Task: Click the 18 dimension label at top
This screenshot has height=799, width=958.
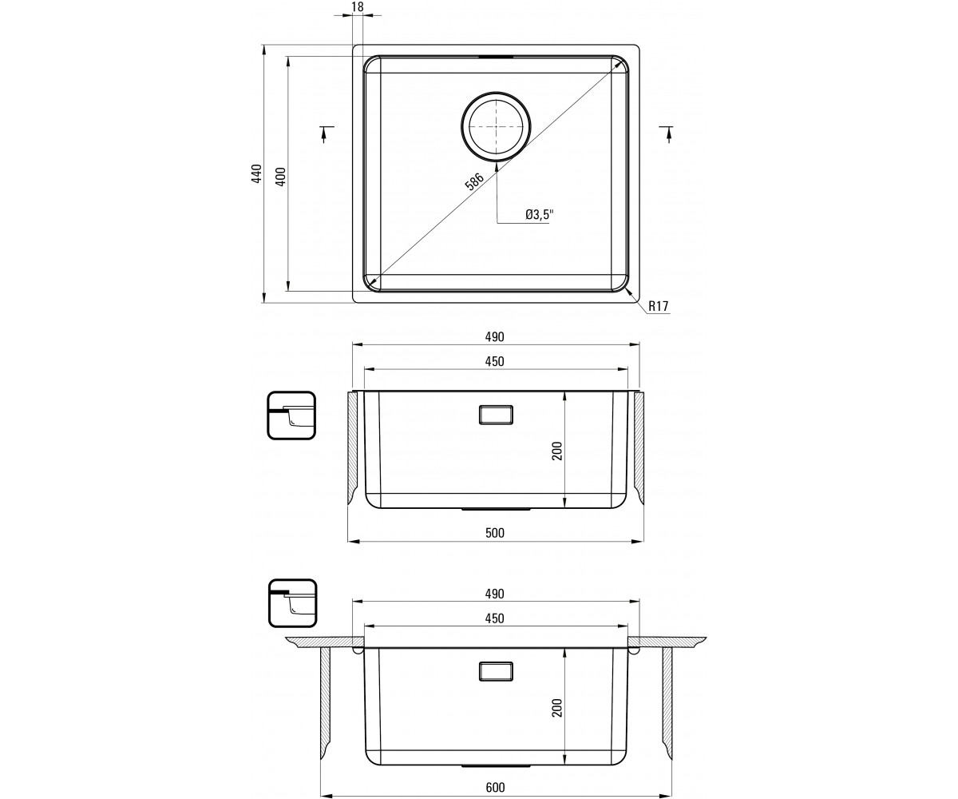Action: (358, 6)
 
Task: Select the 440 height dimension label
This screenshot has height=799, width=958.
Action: (257, 173)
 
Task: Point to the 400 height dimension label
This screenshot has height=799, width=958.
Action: (281, 177)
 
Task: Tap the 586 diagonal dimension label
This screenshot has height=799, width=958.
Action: (474, 181)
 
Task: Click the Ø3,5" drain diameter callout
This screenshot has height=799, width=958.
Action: (540, 214)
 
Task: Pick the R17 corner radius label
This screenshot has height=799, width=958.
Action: (659, 306)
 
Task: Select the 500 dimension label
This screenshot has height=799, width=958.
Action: (495, 533)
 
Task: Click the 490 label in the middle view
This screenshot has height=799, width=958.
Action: (495, 336)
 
